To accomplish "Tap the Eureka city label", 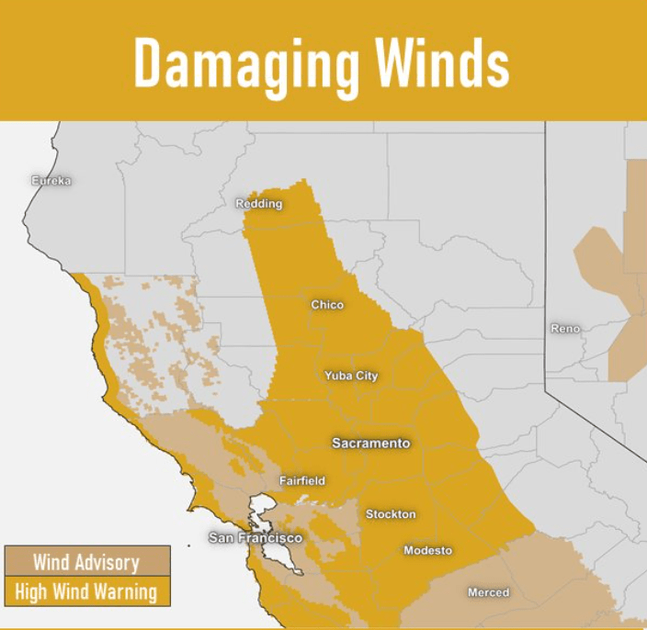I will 51,181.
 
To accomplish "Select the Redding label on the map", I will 259,204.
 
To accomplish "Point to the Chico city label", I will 327,305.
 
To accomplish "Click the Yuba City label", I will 351,376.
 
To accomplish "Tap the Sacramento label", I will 370,444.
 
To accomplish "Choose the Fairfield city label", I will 302,481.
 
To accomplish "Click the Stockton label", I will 391,514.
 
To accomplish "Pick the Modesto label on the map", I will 427,550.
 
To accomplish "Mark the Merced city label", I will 488,592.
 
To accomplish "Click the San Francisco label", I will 255,537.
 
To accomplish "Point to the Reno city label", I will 565,329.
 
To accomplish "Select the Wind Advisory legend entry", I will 86,562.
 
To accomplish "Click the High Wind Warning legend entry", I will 86,591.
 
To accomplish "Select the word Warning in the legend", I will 127,591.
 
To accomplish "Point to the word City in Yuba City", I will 365,376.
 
